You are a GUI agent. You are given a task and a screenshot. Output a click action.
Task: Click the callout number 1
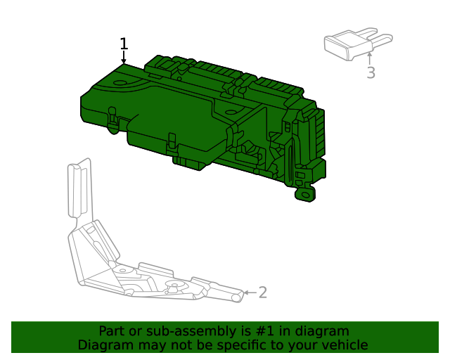point(124,44)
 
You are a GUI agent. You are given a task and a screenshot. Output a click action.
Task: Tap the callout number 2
point(263,292)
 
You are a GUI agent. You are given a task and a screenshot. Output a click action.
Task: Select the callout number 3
point(371,72)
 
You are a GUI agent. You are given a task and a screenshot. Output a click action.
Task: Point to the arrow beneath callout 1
point(124,59)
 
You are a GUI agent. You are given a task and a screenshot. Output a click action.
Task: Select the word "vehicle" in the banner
point(344,345)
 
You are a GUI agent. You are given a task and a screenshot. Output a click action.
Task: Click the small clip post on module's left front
point(112,121)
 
